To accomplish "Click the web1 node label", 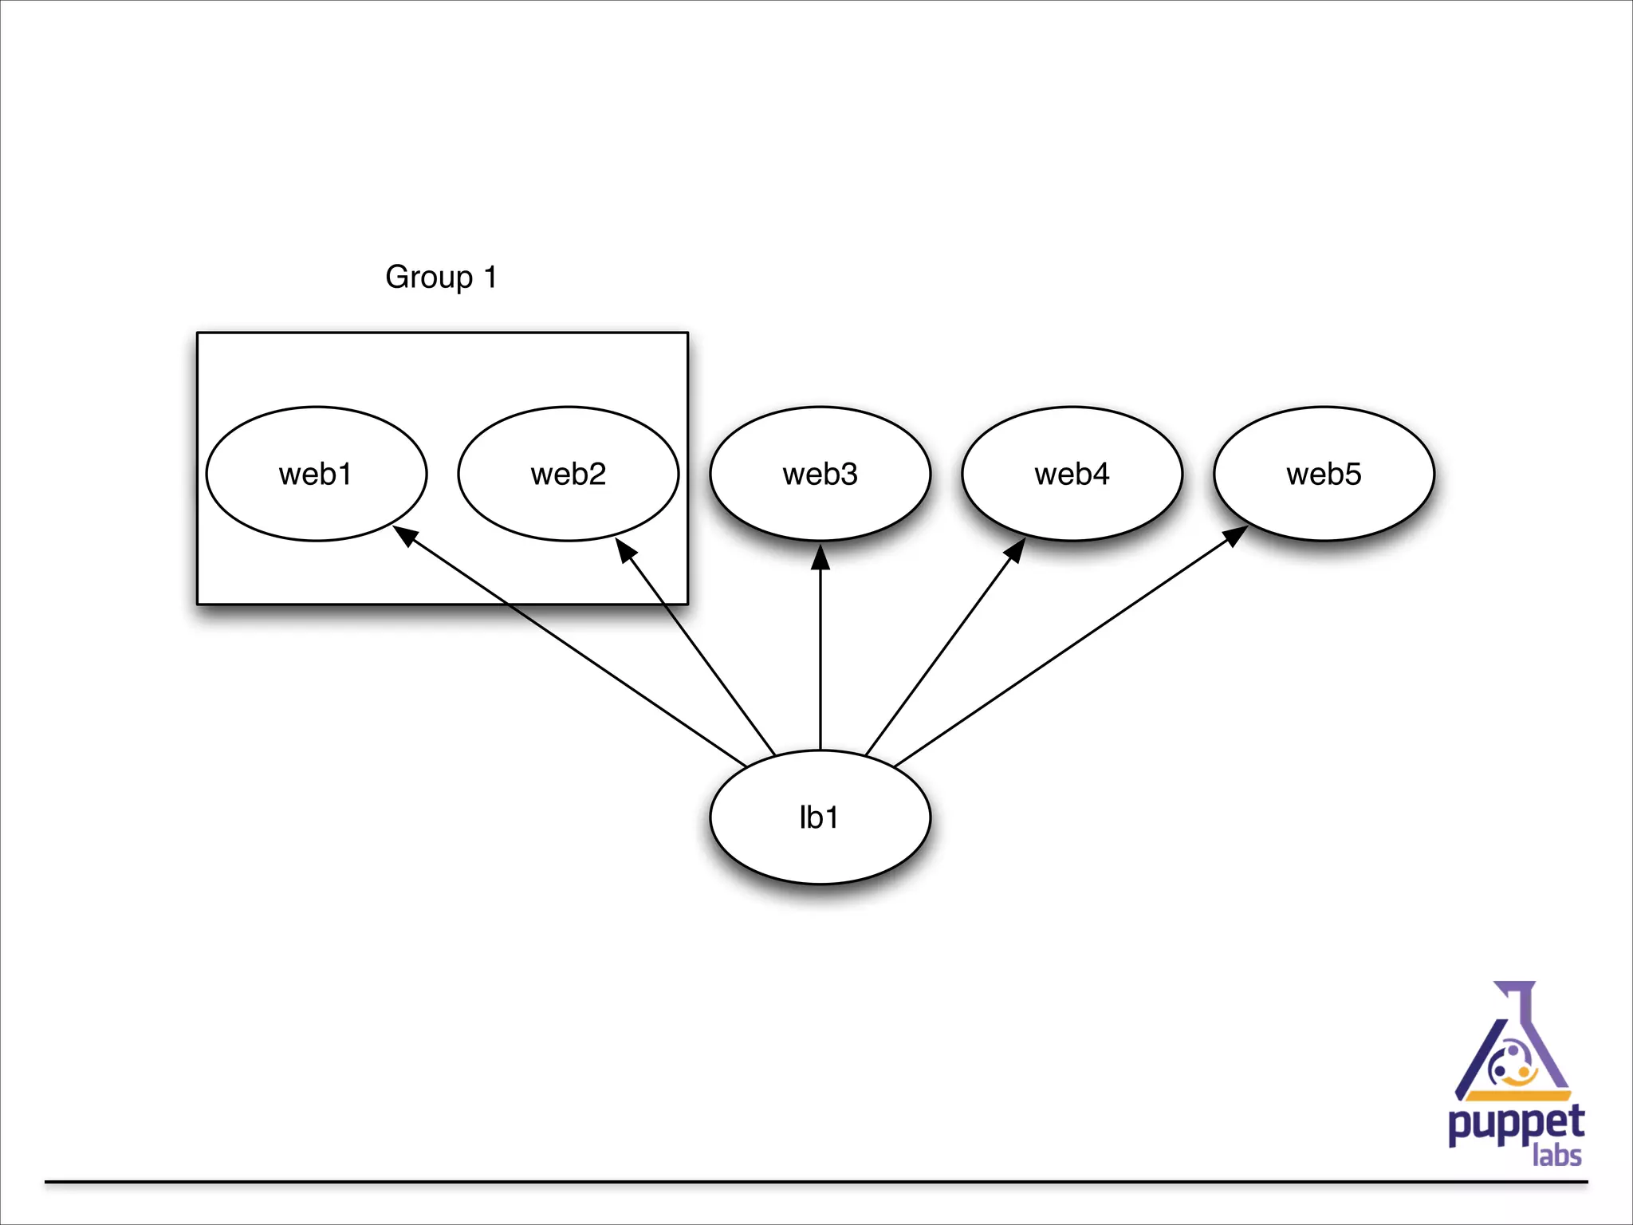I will (316, 475).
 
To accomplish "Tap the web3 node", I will (820, 474).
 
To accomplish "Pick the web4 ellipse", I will (1072, 474).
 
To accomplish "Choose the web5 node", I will (1324, 474).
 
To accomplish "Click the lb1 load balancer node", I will (820, 817).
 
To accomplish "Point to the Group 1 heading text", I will (441, 277).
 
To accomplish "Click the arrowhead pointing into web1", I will (405, 535).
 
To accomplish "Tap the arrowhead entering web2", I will (626, 550).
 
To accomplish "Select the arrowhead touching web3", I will (820, 557).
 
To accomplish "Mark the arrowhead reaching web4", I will (1015, 550).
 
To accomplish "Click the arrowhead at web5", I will (1235, 535).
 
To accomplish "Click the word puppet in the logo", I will (1516, 1125).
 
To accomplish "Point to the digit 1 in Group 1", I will (490, 277).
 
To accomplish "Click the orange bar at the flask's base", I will (1518, 1096).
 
